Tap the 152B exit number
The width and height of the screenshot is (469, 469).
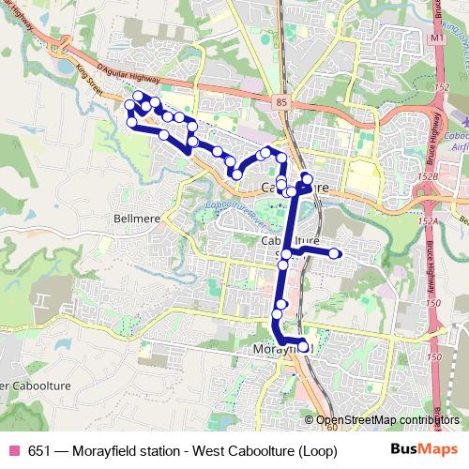[429, 176]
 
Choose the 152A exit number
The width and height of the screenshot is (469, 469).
[430, 220]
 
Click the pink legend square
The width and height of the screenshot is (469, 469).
[14, 450]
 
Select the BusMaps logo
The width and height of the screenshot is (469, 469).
[419, 449]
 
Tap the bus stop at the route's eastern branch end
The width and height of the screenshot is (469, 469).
[334, 253]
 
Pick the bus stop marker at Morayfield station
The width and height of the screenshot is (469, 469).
[303, 348]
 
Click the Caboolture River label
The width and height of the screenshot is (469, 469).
[234, 212]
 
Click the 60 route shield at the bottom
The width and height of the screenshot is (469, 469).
[331, 428]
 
